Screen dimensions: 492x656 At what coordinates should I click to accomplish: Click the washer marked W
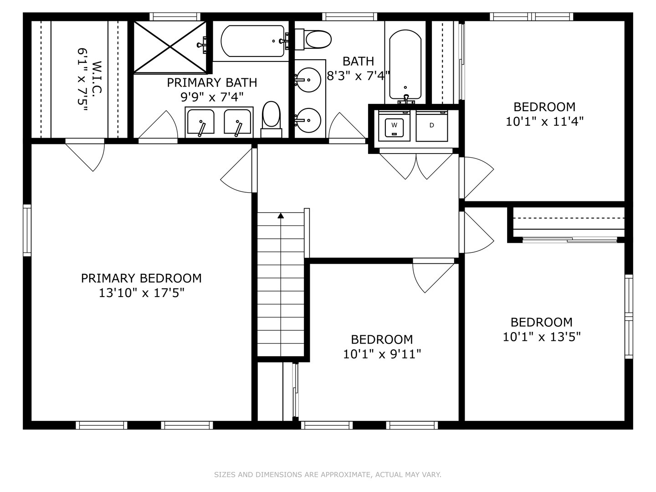click(x=395, y=126)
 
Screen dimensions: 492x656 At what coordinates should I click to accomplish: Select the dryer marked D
click(x=431, y=125)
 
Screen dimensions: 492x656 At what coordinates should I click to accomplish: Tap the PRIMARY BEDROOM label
click(x=141, y=278)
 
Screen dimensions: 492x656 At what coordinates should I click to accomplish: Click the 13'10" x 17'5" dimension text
click(x=141, y=292)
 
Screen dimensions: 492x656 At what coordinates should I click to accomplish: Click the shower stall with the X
click(x=170, y=46)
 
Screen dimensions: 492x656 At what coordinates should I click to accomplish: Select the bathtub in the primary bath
click(x=253, y=41)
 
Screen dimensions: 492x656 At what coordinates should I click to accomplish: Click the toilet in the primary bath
click(x=272, y=117)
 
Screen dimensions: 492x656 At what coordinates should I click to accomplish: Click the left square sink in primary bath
click(x=200, y=122)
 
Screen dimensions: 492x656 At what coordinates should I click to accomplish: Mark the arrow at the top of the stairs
click(x=281, y=215)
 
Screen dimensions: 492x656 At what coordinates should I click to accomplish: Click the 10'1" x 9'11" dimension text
click(x=382, y=354)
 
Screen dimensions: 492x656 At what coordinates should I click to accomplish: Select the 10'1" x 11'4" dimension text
click(x=544, y=121)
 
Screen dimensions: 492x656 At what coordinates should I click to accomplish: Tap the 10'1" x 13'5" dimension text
click(x=541, y=337)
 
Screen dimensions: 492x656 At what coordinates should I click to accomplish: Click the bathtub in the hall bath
click(x=405, y=66)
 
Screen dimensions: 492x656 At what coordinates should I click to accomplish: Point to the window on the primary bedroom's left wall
click(x=27, y=230)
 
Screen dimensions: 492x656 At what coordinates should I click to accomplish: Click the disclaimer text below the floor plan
click(x=328, y=475)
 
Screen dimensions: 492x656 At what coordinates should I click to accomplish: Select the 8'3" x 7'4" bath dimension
click(x=359, y=76)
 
